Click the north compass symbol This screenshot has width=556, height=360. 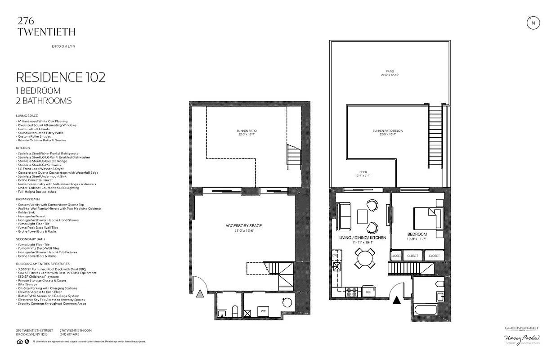533,23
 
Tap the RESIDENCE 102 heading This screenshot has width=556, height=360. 61,77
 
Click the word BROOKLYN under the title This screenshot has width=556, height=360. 63,46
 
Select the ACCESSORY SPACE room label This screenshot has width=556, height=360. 244,226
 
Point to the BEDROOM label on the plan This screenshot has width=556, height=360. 417,234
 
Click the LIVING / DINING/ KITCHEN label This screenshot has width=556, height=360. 363,238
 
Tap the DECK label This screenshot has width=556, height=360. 363,172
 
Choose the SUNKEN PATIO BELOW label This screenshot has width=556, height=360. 387,131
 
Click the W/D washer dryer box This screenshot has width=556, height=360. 263,311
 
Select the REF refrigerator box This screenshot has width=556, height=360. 368,292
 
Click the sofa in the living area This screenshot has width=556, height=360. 344,216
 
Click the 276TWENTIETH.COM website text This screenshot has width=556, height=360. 76,330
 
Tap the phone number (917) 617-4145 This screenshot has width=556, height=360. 69,334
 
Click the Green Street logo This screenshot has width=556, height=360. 521,328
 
